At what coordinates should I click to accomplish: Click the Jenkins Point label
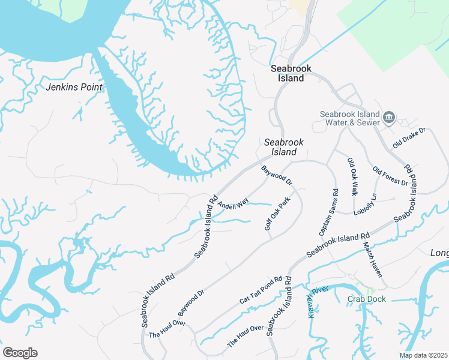74,87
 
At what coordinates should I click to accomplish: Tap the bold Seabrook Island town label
291,73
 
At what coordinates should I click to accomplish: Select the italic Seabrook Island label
284,147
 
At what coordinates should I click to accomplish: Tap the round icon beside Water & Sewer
389,117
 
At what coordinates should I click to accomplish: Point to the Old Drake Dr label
409,138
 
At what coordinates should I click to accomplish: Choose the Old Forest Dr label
390,176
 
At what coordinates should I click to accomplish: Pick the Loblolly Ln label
375,205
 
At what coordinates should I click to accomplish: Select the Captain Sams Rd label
328,212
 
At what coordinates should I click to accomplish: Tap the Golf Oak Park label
277,214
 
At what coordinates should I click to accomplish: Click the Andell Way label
233,205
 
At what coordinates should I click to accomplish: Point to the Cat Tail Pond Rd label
261,290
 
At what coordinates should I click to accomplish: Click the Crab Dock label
366,299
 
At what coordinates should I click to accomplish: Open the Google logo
20,353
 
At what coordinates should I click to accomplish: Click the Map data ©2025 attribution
423,355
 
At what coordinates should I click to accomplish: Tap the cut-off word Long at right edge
439,253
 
